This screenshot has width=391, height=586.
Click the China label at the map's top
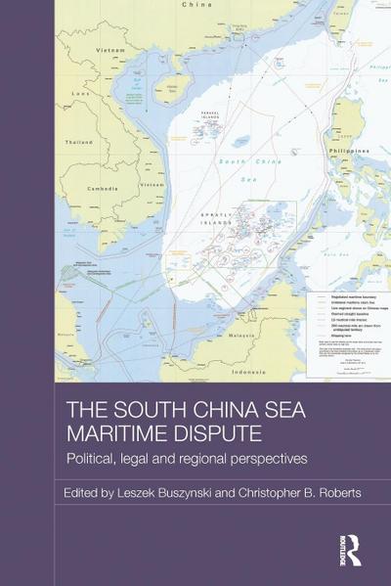(196, 5)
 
